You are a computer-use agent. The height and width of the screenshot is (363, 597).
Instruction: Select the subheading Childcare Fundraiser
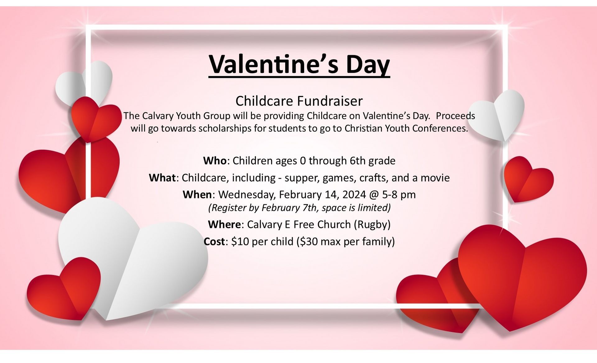point(299,101)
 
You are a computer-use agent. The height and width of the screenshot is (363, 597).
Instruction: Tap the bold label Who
point(215,161)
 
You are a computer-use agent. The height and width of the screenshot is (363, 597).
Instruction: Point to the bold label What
point(162,178)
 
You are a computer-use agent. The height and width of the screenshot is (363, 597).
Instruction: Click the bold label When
point(197,195)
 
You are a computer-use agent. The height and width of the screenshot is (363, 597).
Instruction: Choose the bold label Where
point(224,224)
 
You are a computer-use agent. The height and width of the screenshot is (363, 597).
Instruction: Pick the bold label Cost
point(214,242)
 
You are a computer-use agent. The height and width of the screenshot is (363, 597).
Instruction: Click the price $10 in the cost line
point(240,242)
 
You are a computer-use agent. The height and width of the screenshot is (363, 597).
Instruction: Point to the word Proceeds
point(456,116)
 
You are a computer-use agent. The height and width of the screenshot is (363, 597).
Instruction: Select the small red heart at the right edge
point(528,179)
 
